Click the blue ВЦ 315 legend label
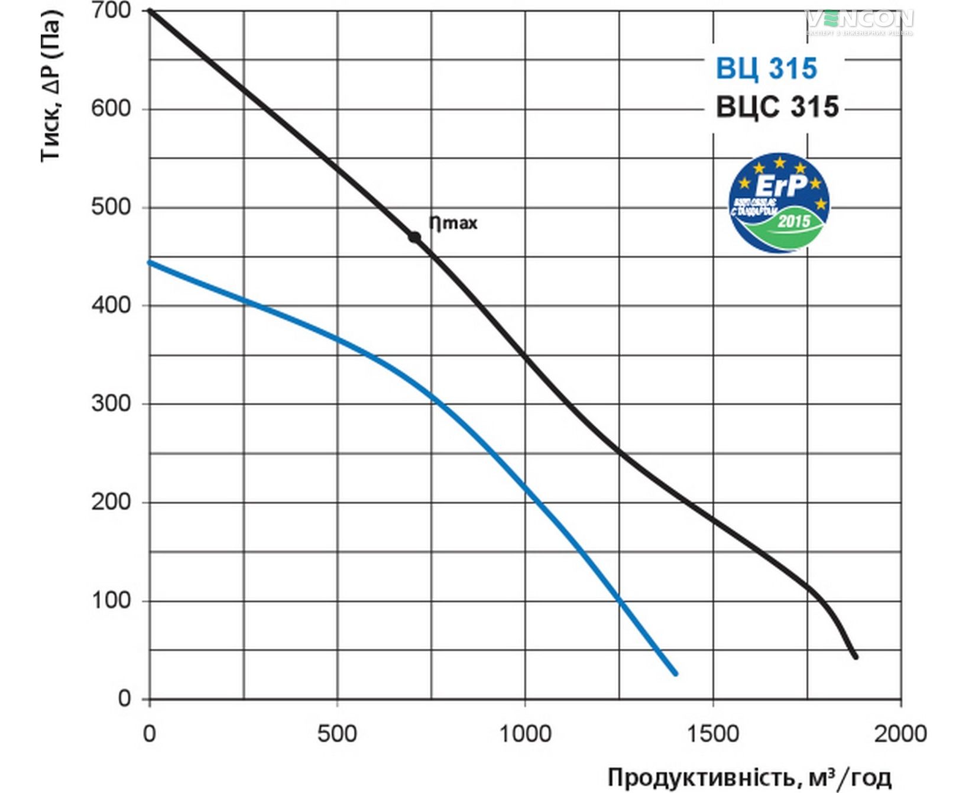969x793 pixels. [766, 69]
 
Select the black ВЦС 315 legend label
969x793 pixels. [777, 108]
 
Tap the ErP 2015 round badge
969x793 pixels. [779, 203]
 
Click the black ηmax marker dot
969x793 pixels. [414, 237]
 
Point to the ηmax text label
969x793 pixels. [453, 223]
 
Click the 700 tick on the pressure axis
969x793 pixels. [111, 11]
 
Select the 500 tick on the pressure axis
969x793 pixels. [111, 207]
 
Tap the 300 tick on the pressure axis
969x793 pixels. [111, 403]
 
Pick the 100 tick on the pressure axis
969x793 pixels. [111, 600]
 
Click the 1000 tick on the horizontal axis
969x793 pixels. [525, 734]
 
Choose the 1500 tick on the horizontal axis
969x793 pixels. [712, 734]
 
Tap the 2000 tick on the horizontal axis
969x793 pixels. [900, 734]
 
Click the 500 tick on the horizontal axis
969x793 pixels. [337, 734]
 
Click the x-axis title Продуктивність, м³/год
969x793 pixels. [749, 778]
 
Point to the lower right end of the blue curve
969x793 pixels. [675, 673]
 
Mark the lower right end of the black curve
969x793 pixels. [855, 656]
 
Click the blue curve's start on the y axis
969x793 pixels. [150, 262]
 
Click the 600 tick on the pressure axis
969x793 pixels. [111, 109]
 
